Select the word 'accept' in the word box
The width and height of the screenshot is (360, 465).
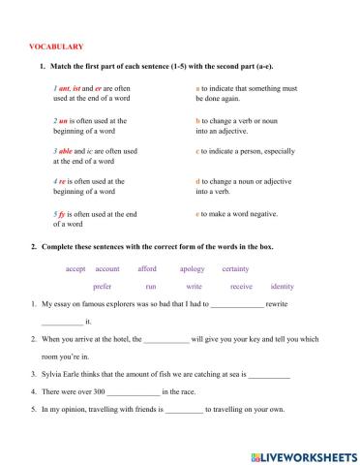coord(75,268)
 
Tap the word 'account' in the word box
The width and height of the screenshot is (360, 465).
coord(107,268)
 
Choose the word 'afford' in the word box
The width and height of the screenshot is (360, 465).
coord(147,268)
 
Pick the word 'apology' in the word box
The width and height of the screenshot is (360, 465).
coord(192,268)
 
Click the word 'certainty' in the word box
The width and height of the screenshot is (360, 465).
coord(237,268)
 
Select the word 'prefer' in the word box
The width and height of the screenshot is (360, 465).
coord(103,287)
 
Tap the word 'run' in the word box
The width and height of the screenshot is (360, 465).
coord(150,287)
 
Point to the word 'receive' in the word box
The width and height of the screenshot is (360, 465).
coord(241,287)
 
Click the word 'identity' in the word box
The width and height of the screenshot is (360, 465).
coord(283,287)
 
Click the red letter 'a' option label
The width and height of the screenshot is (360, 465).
coord(197,89)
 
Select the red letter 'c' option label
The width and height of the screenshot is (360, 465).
coord(197,152)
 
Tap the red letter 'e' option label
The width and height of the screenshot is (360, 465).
coord(197,213)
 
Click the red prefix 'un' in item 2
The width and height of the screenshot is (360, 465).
coord(63,121)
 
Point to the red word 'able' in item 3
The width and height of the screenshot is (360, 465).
coord(67,152)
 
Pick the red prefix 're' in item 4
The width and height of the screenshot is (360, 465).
coord(62,182)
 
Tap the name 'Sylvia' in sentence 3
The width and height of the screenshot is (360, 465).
coord(52,372)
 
